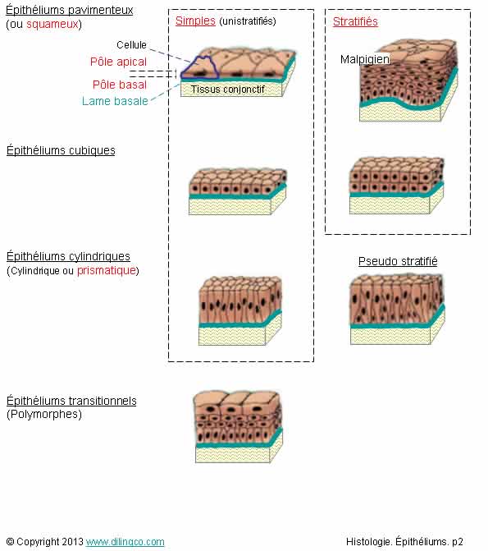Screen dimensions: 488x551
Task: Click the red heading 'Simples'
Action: click(x=195, y=21)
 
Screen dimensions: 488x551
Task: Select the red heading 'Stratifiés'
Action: click(x=355, y=21)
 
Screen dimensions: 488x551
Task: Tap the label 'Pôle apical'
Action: click(x=118, y=62)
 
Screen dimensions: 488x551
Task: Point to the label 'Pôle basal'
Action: click(x=120, y=85)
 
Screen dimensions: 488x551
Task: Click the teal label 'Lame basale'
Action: click(x=115, y=101)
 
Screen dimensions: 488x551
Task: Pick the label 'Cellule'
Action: click(x=131, y=45)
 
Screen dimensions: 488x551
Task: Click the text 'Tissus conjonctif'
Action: click(x=227, y=90)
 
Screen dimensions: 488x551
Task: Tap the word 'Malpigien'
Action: click(x=365, y=59)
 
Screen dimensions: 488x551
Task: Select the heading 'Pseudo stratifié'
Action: click(x=398, y=261)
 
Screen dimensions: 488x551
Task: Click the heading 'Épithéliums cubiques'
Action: click(x=61, y=150)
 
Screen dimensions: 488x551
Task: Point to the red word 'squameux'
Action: click(x=52, y=25)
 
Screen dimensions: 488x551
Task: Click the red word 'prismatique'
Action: click(x=107, y=271)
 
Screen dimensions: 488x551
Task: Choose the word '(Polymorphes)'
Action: click(x=44, y=415)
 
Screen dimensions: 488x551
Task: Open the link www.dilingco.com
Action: click(x=125, y=542)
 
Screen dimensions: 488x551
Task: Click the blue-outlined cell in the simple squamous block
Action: click(x=199, y=67)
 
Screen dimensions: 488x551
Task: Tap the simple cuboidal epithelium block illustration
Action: click(x=238, y=191)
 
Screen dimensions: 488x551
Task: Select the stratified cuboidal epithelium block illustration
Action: click(x=397, y=186)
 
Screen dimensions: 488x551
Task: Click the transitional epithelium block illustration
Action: click(x=239, y=427)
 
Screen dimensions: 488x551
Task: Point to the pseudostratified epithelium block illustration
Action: click(x=398, y=310)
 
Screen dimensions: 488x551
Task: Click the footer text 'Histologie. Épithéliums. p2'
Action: click(x=404, y=542)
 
